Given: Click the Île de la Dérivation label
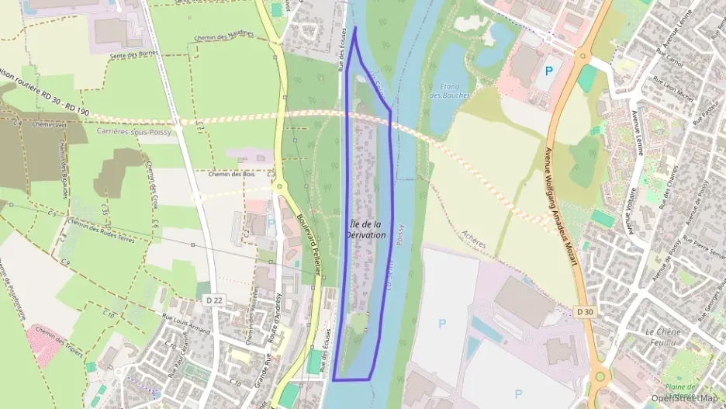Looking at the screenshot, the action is pyautogui.click(x=369, y=229).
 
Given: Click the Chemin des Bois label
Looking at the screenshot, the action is pyautogui.click(x=231, y=174).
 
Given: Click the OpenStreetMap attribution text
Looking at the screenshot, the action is pyautogui.click(x=684, y=398).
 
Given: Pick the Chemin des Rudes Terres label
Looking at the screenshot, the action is pyautogui.click(x=101, y=230).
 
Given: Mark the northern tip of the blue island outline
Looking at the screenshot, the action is pyautogui.click(x=355, y=28).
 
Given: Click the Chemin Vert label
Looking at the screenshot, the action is pyautogui.click(x=48, y=123).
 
